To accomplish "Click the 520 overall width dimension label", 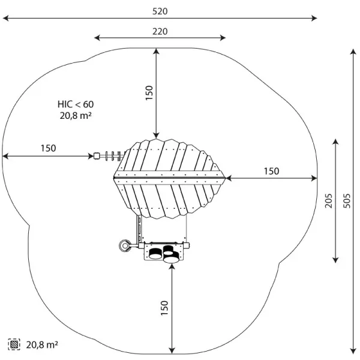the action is [x=160, y=11].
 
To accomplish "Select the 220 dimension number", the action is [x=160, y=31].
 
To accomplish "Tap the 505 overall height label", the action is [x=347, y=201].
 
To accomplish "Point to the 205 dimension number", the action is [x=329, y=201].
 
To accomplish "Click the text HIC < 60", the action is [x=76, y=104].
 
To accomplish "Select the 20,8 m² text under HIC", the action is [x=76, y=115].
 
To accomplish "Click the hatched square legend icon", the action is [x=14, y=344].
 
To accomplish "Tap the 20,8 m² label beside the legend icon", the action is [x=42, y=344].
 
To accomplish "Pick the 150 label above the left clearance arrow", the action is [x=48, y=148].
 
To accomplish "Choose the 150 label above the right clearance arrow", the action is [x=271, y=171].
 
